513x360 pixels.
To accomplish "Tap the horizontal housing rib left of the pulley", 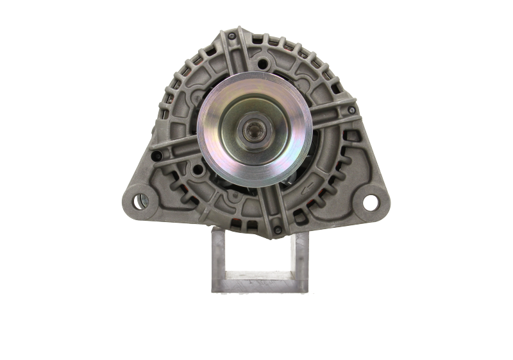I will point(176,149).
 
